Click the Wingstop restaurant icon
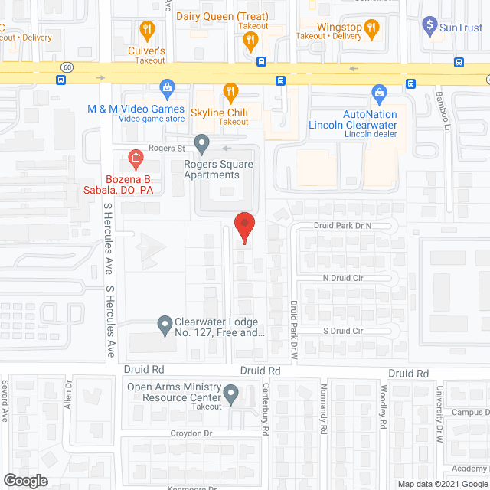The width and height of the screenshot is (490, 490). pos(372,28)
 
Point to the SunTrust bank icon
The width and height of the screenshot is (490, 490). pos(430,28)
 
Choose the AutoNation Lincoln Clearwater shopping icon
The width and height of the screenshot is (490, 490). pos(378,94)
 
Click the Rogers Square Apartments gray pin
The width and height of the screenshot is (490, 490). pos(202,143)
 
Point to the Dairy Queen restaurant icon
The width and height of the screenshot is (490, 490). pos(250,43)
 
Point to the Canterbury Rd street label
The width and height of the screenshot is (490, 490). pos(266,409)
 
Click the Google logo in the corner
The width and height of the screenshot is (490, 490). pos(25,480)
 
